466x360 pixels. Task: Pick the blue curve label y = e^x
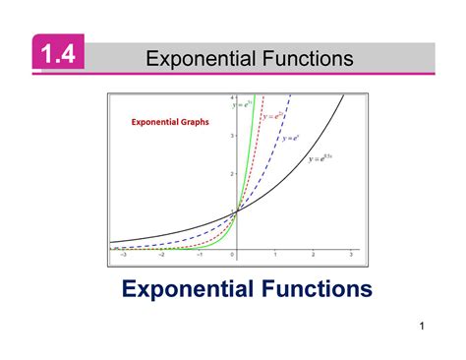coord(290,139)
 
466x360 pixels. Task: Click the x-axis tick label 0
coord(234,254)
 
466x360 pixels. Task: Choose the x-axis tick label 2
coord(314,254)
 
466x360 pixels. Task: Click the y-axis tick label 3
coord(231,136)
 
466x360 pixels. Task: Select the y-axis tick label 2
coord(231,173)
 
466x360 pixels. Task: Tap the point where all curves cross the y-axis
coord(236,210)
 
